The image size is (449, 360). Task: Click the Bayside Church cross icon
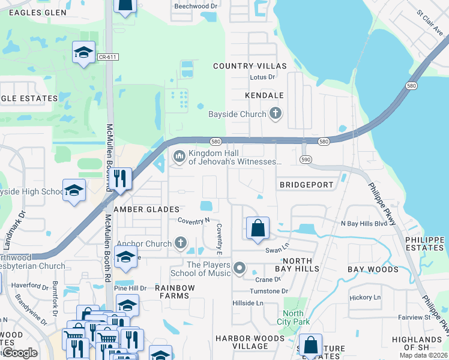(x=276, y=113)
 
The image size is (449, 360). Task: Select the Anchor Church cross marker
(x=181, y=244)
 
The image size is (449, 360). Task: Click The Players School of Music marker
(x=240, y=268)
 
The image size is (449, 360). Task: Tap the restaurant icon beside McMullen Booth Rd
(x=122, y=179)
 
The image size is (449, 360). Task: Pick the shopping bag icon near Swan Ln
(x=258, y=228)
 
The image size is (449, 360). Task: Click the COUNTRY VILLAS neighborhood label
(x=250, y=66)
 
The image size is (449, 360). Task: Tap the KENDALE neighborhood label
(x=264, y=95)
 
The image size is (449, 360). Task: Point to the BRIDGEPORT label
(x=306, y=185)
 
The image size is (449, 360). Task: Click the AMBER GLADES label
(x=147, y=209)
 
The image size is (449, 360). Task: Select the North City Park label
(x=294, y=317)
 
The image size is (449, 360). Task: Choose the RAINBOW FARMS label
(x=175, y=292)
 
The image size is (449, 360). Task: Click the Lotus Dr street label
(x=262, y=77)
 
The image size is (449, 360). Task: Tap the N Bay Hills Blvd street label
(x=364, y=223)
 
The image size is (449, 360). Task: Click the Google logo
(x=20, y=353)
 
